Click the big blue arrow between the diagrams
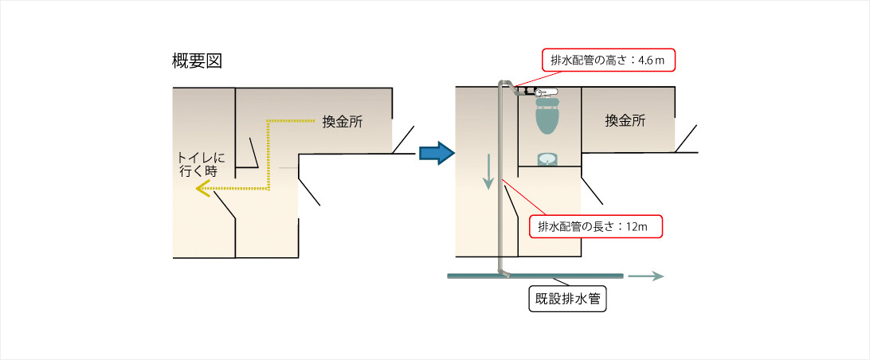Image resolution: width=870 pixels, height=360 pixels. pos(436,152)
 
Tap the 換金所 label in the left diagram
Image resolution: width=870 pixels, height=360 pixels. pos(343,122)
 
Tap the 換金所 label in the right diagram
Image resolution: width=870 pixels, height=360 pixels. pos(625,121)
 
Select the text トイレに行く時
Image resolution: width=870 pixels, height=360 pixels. pos(199,164)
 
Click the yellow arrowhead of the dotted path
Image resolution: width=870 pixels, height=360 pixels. pos(203,189)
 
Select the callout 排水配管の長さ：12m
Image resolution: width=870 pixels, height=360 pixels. pos(596,226)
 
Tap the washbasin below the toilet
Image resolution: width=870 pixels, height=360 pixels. pos(547,158)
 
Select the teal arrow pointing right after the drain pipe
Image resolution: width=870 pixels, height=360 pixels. pos(645,276)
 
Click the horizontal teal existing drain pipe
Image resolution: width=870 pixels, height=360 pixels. pos(535,276)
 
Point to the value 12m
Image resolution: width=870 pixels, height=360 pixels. pos(637,226)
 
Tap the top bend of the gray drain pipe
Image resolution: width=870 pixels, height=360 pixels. pos(504,84)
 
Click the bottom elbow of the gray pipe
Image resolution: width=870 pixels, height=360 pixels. pos(503,272)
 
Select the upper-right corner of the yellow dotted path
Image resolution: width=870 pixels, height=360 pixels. pos(268,121)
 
